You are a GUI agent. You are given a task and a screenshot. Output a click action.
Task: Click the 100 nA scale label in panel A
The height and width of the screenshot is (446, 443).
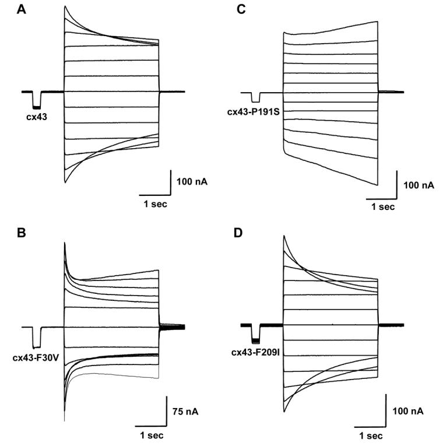tap(192, 182)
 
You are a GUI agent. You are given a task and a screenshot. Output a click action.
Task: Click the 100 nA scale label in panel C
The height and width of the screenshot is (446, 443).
tap(418, 185)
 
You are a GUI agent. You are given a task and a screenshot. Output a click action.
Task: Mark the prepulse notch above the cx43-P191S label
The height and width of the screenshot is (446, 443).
tap(255, 97)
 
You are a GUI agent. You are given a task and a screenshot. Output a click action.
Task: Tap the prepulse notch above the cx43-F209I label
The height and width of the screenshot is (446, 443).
tap(255, 333)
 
